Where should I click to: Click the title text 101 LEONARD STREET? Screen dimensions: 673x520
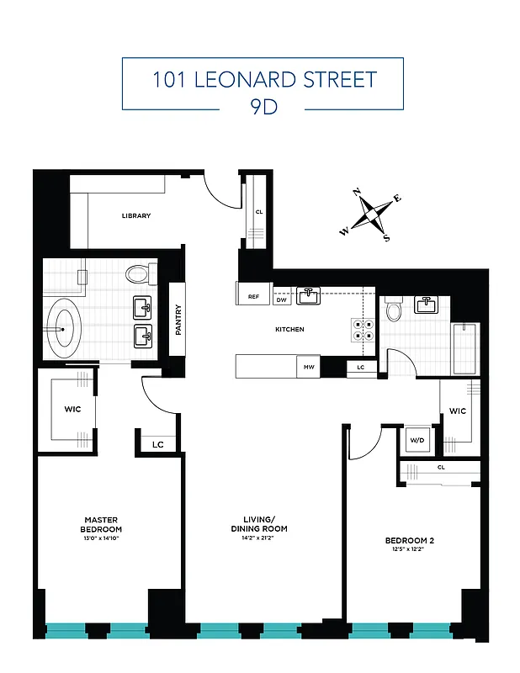point(263,80)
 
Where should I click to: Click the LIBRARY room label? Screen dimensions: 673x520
point(135,216)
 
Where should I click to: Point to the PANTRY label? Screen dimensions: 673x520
point(178,320)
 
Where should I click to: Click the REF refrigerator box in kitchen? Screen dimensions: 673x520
point(253,296)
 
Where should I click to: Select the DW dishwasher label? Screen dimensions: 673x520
point(282,299)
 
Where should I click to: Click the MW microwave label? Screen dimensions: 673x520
point(308,367)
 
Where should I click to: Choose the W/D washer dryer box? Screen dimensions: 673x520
point(417,441)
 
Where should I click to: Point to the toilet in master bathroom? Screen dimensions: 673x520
point(137,273)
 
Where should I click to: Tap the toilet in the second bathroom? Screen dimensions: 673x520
point(393,311)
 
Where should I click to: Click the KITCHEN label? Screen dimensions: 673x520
point(289,329)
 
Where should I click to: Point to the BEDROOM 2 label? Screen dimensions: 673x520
point(409,540)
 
